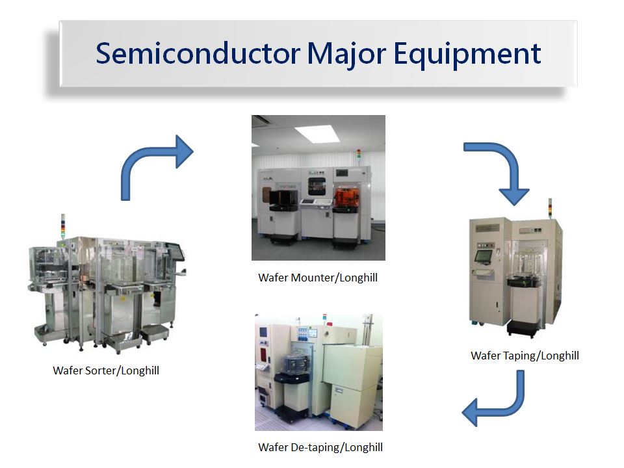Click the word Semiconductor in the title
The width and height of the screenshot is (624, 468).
(198, 53)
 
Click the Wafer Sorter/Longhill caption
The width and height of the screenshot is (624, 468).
(106, 370)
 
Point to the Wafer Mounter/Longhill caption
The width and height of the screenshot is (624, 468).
(318, 278)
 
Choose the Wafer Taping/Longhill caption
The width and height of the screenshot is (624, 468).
(525, 356)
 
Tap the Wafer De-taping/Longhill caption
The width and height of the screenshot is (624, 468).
(320, 447)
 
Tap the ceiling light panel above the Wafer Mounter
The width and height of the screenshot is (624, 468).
(317, 133)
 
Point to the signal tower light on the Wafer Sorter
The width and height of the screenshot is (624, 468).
(62, 226)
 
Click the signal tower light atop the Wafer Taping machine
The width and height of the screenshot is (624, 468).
(551, 208)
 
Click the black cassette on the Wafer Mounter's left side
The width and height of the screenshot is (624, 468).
(284, 200)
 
